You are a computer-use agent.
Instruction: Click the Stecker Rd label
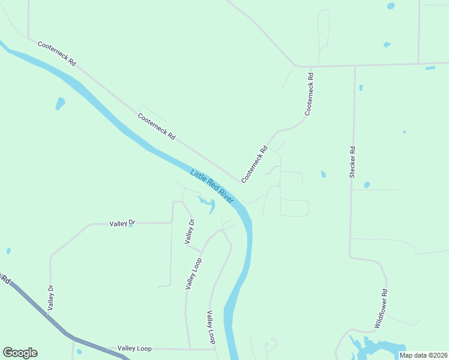coord(352,162)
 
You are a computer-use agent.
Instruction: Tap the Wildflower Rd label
coord(381,308)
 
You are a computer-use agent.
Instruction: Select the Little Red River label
coord(211,185)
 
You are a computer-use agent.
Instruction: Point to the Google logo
coord(20,353)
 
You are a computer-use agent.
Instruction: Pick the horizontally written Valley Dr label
coord(122,223)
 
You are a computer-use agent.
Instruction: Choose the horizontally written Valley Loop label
coord(134,348)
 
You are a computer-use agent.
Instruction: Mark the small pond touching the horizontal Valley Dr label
coord(130,226)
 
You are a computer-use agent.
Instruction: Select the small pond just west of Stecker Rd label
coord(323,175)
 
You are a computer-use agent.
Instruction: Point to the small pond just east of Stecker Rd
coord(367,185)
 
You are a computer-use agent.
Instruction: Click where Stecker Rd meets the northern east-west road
coord(355,65)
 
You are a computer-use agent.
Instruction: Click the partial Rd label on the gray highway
coord(6,280)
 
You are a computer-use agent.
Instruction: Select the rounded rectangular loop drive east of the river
coord(294,208)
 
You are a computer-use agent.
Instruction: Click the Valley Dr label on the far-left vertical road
coord(51,298)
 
